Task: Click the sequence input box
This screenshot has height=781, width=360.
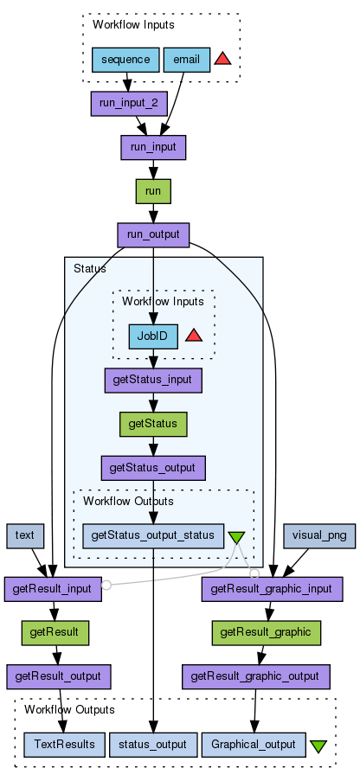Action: (125, 60)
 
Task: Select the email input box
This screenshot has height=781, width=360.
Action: (186, 60)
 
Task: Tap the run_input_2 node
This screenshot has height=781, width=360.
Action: (129, 104)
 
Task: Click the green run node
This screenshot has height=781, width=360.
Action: (153, 191)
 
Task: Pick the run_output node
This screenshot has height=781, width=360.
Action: (153, 235)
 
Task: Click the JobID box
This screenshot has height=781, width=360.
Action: (153, 336)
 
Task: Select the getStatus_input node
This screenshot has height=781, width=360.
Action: (153, 381)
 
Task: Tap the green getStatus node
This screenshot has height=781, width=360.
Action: (153, 425)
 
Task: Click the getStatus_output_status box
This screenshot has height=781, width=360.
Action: (153, 536)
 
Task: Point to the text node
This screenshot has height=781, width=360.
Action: (25, 536)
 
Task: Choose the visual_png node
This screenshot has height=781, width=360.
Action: (319, 536)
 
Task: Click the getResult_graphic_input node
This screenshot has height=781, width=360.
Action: (272, 590)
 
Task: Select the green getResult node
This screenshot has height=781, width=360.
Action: (55, 633)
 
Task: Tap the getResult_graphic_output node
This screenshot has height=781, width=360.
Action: (256, 677)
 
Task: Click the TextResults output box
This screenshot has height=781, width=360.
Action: (64, 745)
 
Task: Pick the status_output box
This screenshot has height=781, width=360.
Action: (153, 745)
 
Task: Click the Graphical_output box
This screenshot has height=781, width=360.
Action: (254, 745)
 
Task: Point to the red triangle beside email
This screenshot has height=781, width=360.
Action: (222, 60)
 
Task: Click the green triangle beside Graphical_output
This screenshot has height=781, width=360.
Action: (318, 746)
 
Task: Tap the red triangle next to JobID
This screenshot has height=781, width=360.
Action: (194, 336)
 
